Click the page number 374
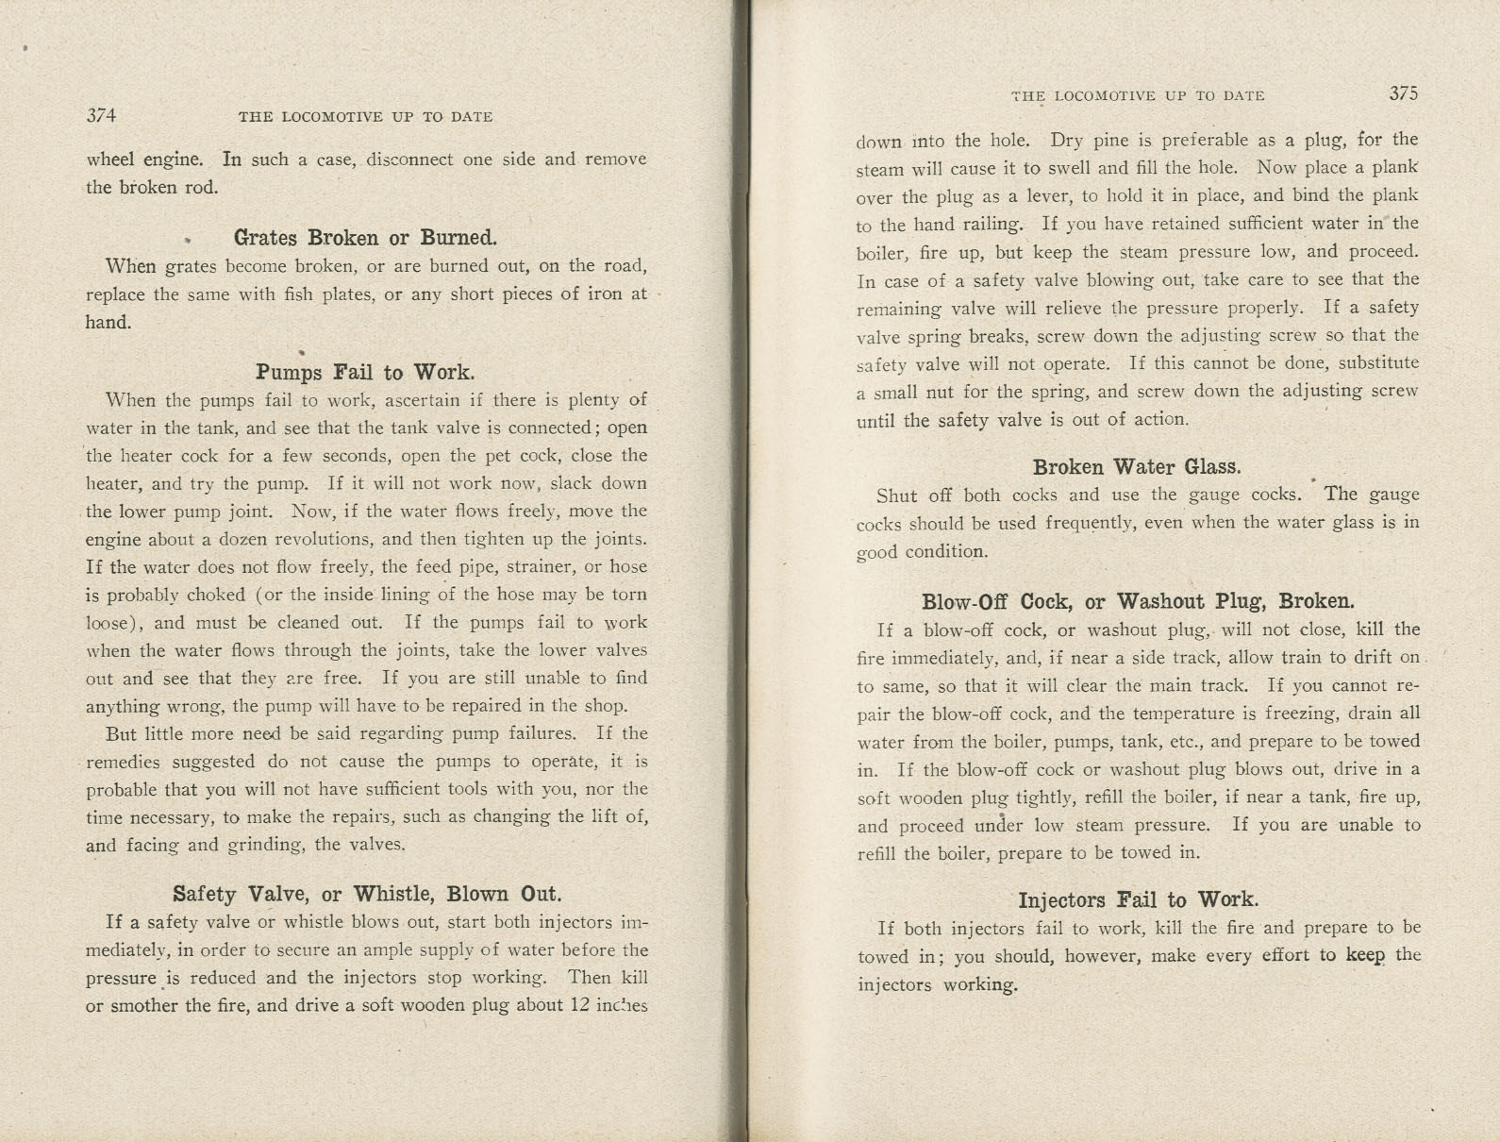(x=101, y=116)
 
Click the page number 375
(x=1403, y=93)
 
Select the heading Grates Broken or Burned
(x=365, y=238)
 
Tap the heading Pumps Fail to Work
(x=365, y=372)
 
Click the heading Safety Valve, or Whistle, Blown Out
(x=367, y=894)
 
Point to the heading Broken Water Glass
(x=1137, y=467)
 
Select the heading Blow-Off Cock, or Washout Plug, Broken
(x=1138, y=601)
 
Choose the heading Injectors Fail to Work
(x=1138, y=899)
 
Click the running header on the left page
(x=365, y=117)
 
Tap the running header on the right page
(x=1138, y=95)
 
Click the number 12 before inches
(x=580, y=1005)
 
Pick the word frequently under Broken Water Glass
(x=1095, y=524)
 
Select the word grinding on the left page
(x=263, y=845)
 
